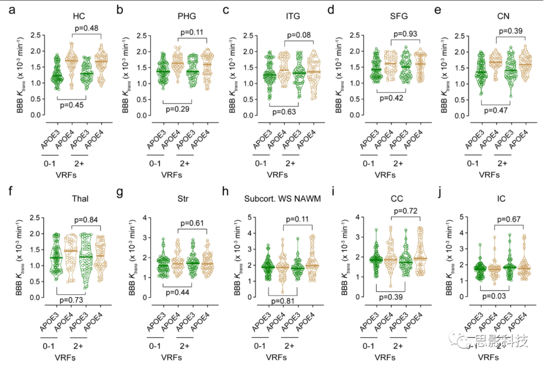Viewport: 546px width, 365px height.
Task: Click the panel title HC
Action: click(78, 16)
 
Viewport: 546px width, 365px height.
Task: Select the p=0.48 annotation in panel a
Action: click(86, 28)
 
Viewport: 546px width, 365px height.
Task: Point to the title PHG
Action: click(185, 16)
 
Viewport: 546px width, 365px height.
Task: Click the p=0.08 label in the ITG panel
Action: click(300, 35)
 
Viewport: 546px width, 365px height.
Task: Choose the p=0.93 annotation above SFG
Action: click(405, 33)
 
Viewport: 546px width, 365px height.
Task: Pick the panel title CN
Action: click(503, 16)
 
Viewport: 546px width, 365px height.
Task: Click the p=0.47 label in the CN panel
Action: click(496, 108)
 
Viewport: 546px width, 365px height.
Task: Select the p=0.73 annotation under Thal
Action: click(72, 300)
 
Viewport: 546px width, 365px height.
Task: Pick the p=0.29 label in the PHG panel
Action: click(177, 109)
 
